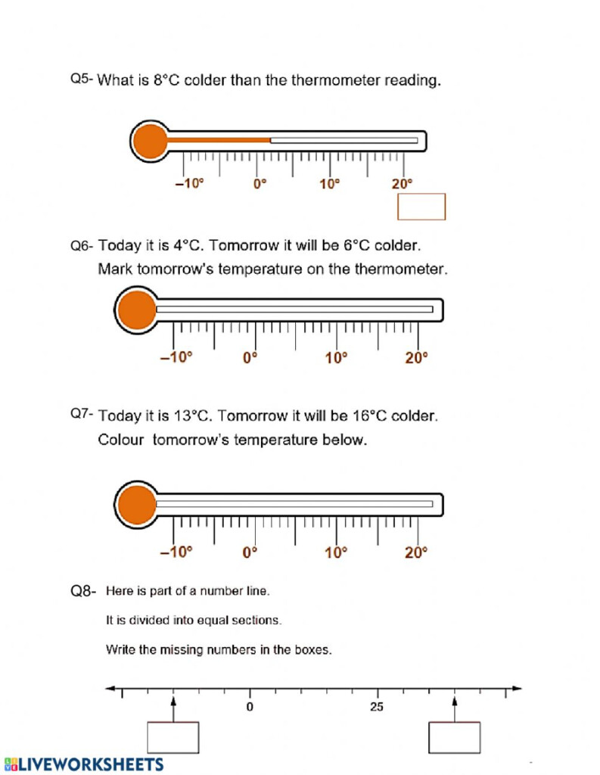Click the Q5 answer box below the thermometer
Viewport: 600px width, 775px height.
tap(421, 207)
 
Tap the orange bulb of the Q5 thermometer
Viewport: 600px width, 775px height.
tap(150, 141)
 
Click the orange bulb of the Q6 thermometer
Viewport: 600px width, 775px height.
tap(136, 310)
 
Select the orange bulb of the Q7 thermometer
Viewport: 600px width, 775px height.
tap(136, 503)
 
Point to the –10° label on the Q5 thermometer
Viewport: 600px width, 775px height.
tap(190, 184)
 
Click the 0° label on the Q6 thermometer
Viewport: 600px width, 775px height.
tap(250, 358)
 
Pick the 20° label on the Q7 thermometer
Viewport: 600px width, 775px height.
tap(416, 552)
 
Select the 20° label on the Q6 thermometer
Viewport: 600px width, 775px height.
tap(416, 358)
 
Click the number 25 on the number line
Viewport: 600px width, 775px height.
tap(377, 707)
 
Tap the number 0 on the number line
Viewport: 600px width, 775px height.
tap(250, 707)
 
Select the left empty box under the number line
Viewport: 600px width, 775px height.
tap(173, 737)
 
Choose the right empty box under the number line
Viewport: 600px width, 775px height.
tap(455, 737)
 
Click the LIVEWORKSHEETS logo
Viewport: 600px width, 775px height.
tap(83, 764)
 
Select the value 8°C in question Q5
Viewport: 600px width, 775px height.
tap(166, 80)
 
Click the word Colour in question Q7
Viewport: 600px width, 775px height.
tap(120, 440)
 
